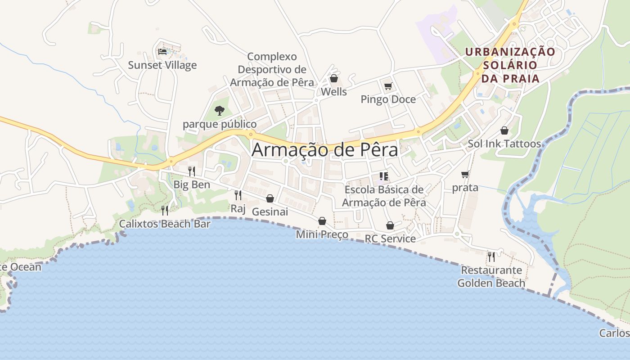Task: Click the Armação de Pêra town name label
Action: click(324, 150)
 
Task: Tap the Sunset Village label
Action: click(162, 65)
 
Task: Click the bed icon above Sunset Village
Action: click(162, 51)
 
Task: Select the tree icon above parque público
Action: click(220, 110)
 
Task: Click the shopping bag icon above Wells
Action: click(333, 79)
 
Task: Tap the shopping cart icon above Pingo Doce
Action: click(388, 86)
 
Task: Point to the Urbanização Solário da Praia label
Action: click(510, 65)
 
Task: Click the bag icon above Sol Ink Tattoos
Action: click(504, 130)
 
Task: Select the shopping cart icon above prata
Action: click(465, 174)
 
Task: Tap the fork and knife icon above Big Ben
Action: click(192, 171)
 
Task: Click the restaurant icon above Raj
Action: click(238, 195)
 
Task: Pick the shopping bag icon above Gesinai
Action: click(270, 198)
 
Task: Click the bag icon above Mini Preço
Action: click(322, 221)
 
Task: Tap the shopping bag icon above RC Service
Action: click(390, 225)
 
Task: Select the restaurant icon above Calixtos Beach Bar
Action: click(165, 210)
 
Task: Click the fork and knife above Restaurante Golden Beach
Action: click(491, 257)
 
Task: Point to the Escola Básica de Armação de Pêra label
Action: click(384, 196)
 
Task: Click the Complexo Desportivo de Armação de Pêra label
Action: click(272, 70)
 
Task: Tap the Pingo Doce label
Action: click(388, 99)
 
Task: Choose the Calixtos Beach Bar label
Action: click(165, 224)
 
